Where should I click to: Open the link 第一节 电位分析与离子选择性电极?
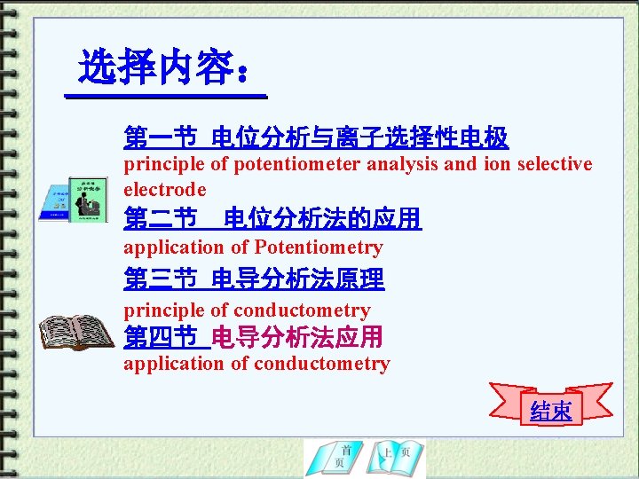click(316, 137)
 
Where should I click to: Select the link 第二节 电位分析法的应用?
click(272, 219)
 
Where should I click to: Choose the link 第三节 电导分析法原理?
click(254, 280)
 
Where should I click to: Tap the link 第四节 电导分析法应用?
click(253, 337)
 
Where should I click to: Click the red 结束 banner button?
click(551, 410)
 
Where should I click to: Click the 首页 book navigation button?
click(335, 458)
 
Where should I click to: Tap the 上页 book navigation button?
click(396, 458)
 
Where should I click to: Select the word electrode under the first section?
click(165, 189)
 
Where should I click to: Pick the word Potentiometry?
click(319, 247)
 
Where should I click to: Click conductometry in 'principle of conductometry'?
click(302, 310)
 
